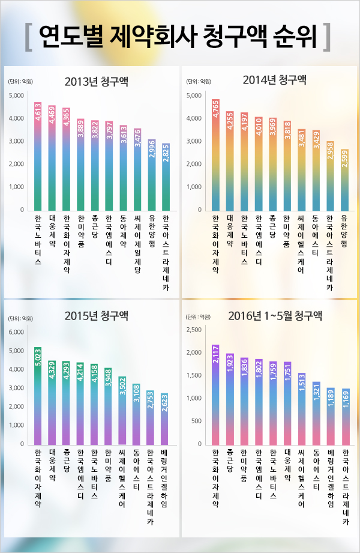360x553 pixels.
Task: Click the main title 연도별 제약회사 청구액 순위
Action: pyautogui.click(x=179, y=37)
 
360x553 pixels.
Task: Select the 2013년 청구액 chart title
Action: pyautogui.click(x=96, y=81)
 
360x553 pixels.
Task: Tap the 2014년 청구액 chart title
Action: pyautogui.click(x=275, y=80)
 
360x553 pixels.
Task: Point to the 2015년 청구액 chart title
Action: pyautogui.click(x=96, y=316)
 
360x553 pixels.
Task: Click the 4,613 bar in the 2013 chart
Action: pyautogui.click(x=38, y=156)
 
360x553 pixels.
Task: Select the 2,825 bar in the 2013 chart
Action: pyautogui.click(x=166, y=177)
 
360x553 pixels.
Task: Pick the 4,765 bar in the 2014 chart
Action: pyautogui.click(x=216, y=155)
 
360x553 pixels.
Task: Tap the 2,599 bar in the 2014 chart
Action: pyautogui.click(x=344, y=180)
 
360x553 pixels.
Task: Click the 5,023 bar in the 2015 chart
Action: pyautogui.click(x=38, y=396)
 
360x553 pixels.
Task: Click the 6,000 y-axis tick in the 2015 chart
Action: pyautogui.click(x=17, y=331)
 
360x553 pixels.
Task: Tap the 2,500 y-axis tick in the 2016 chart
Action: pyautogui.click(x=194, y=330)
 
